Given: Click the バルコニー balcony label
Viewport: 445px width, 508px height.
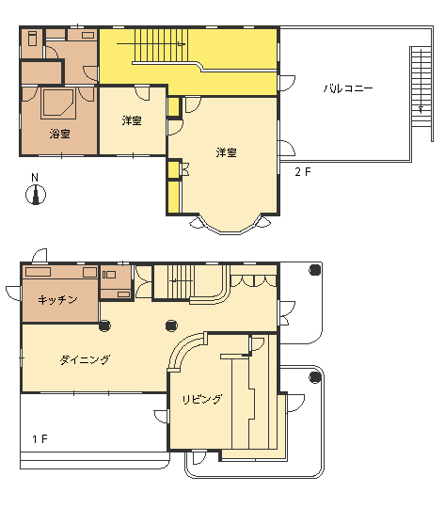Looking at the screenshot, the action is [x=348, y=88].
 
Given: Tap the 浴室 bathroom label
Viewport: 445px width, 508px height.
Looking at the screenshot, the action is [x=60, y=134].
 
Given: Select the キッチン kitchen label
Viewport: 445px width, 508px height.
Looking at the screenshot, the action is [x=57, y=300].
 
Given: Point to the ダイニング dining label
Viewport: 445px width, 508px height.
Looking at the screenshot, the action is [x=85, y=359].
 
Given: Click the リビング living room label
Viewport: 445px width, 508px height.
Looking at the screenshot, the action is [x=202, y=399].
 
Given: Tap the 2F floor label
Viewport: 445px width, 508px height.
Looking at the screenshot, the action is [x=303, y=172].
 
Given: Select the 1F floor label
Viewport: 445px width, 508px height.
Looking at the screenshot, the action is [x=40, y=439].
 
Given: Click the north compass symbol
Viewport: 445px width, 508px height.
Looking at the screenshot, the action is [x=36, y=195].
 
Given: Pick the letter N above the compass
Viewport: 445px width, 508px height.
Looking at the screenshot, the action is [x=35, y=178].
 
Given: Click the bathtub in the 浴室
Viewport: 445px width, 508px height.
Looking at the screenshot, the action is [x=58, y=103].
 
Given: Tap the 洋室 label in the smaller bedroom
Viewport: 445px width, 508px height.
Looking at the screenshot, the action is [x=132, y=120].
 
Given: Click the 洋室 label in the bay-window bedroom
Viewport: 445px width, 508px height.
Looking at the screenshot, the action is [x=226, y=152].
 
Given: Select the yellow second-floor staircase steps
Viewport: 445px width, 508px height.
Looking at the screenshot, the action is [x=161, y=45].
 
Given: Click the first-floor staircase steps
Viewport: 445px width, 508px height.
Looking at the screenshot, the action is [x=181, y=281].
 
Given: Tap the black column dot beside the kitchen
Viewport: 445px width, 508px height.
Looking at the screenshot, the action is [x=104, y=325].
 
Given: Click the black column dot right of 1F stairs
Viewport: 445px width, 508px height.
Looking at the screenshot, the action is [x=171, y=325].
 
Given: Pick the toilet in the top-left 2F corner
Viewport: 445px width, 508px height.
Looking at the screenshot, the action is [x=33, y=39].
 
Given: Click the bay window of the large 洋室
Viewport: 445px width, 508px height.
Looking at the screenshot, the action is [x=230, y=226].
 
